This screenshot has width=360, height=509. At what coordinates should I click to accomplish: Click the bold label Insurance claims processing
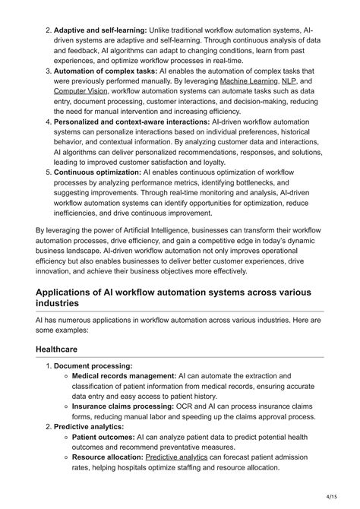tap(128, 406)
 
